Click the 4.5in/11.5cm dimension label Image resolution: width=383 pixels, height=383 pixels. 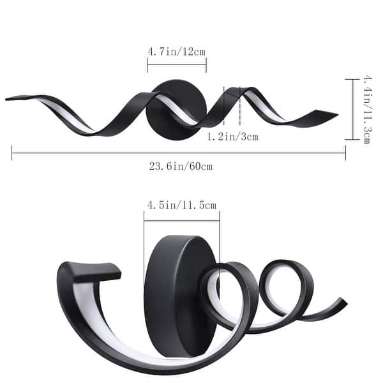(x=182, y=205)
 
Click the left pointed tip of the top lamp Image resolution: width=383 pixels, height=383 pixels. (x=8, y=98)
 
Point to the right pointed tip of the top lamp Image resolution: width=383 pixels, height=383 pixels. (x=336, y=115)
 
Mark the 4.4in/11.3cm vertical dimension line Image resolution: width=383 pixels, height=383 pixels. (x=353, y=109)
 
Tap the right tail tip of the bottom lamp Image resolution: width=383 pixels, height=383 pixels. (x=345, y=301)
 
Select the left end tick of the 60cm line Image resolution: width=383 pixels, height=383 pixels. (x=12, y=153)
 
